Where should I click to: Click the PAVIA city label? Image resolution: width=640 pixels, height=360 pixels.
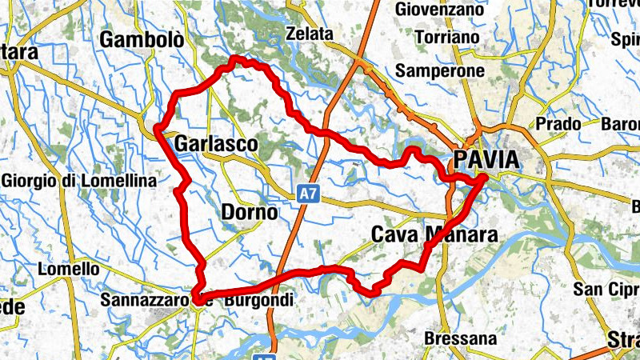click(486, 159)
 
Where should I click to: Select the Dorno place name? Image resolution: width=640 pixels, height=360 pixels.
click(249, 213)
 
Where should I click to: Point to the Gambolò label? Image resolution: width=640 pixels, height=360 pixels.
click(142, 40)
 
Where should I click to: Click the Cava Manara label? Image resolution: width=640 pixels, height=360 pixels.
click(435, 234)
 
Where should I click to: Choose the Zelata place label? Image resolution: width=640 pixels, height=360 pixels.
click(309, 35)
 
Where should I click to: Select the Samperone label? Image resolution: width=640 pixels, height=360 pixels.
click(440, 70)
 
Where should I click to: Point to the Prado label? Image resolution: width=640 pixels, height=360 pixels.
click(558, 124)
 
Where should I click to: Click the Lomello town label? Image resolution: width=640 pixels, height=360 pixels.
click(68, 270)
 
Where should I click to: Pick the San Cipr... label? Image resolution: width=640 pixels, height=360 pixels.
click(607, 289)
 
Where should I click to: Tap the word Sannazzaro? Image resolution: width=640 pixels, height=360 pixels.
click(146, 301)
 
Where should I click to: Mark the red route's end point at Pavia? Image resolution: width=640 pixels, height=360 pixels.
click(482, 183)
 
